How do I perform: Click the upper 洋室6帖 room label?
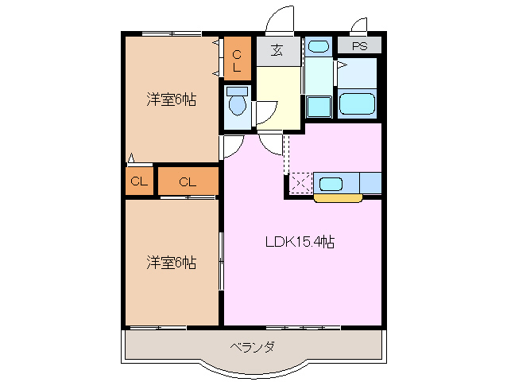(171, 100)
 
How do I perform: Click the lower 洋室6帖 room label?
(171, 262)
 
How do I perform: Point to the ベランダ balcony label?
(253, 347)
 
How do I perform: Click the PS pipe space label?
(359, 46)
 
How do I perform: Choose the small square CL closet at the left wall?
(139, 181)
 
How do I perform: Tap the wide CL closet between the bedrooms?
(188, 181)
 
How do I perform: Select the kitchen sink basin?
(331, 184)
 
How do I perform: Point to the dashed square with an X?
(300, 183)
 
